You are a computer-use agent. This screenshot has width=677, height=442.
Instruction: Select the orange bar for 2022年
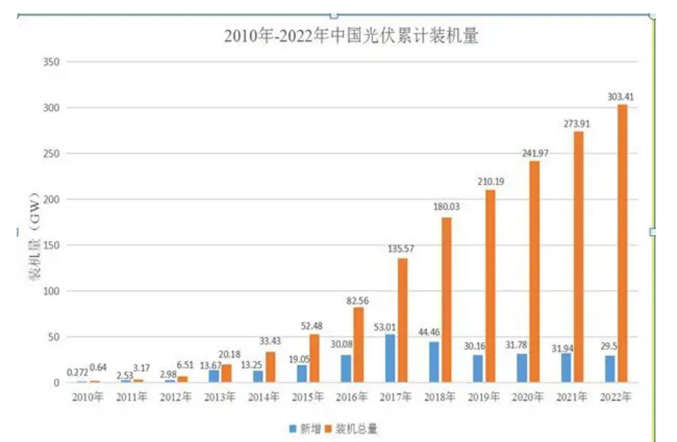pyautogui.click(x=621, y=243)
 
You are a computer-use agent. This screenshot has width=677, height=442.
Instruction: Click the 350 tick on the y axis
pyautogui.click(x=53, y=62)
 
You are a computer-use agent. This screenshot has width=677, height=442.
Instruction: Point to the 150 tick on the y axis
pyautogui.click(x=53, y=245)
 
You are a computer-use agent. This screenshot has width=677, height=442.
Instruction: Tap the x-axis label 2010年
pyautogui.click(x=90, y=398)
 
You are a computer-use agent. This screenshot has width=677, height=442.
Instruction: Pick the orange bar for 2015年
pyautogui.click(x=315, y=358)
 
